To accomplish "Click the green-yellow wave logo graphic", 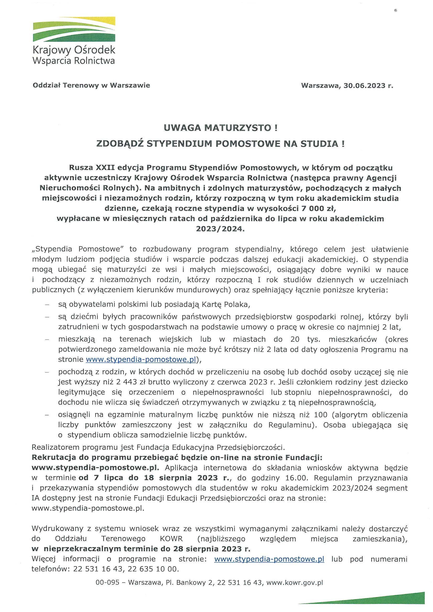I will (74, 29).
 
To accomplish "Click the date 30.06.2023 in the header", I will (364, 86).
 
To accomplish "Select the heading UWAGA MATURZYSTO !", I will (220, 128).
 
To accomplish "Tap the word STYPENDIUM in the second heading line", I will (179, 144).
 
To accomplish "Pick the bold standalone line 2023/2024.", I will (220, 229).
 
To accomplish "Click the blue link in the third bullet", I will (141, 360).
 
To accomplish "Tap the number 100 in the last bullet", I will (320, 415).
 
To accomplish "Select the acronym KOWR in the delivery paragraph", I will (171, 539).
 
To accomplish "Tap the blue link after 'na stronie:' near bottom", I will (269, 559).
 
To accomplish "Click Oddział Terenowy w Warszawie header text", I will (91, 85).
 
